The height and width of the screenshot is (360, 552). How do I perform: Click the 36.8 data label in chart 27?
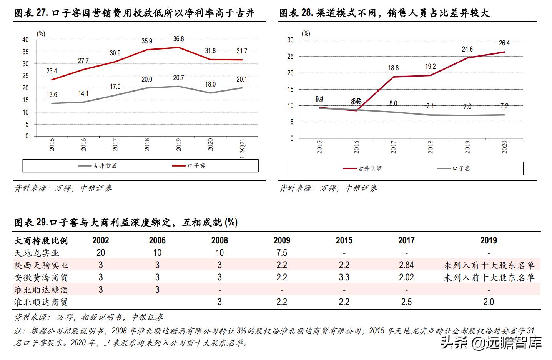click(x=178, y=39)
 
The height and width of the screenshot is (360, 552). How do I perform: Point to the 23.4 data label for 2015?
click(x=52, y=71)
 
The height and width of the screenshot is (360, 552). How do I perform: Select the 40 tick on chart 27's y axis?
click(x=25, y=40)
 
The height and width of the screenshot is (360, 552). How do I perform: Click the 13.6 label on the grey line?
click(x=52, y=95)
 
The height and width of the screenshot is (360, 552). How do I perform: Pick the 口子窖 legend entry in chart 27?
click(x=196, y=166)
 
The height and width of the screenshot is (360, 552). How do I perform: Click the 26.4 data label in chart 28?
click(x=504, y=43)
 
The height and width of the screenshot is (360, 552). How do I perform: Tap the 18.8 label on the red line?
click(x=393, y=68)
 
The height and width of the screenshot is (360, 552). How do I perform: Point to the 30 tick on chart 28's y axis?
click(x=290, y=40)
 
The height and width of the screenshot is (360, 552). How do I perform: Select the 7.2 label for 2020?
click(x=504, y=106)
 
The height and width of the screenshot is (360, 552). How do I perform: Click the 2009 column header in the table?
click(x=281, y=240)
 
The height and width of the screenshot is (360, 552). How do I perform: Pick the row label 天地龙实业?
click(x=37, y=253)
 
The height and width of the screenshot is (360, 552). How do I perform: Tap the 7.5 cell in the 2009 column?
click(x=281, y=253)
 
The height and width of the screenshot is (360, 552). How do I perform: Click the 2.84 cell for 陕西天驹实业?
click(x=406, y=265)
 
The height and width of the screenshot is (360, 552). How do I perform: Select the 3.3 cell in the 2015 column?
click(x=344, y=277)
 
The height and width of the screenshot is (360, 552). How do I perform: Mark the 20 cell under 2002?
click(x=101, y=253)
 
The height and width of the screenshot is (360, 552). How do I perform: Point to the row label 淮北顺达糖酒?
click(x=41, y=290)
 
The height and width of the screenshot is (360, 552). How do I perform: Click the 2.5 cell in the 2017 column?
click(x=406, y=302)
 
